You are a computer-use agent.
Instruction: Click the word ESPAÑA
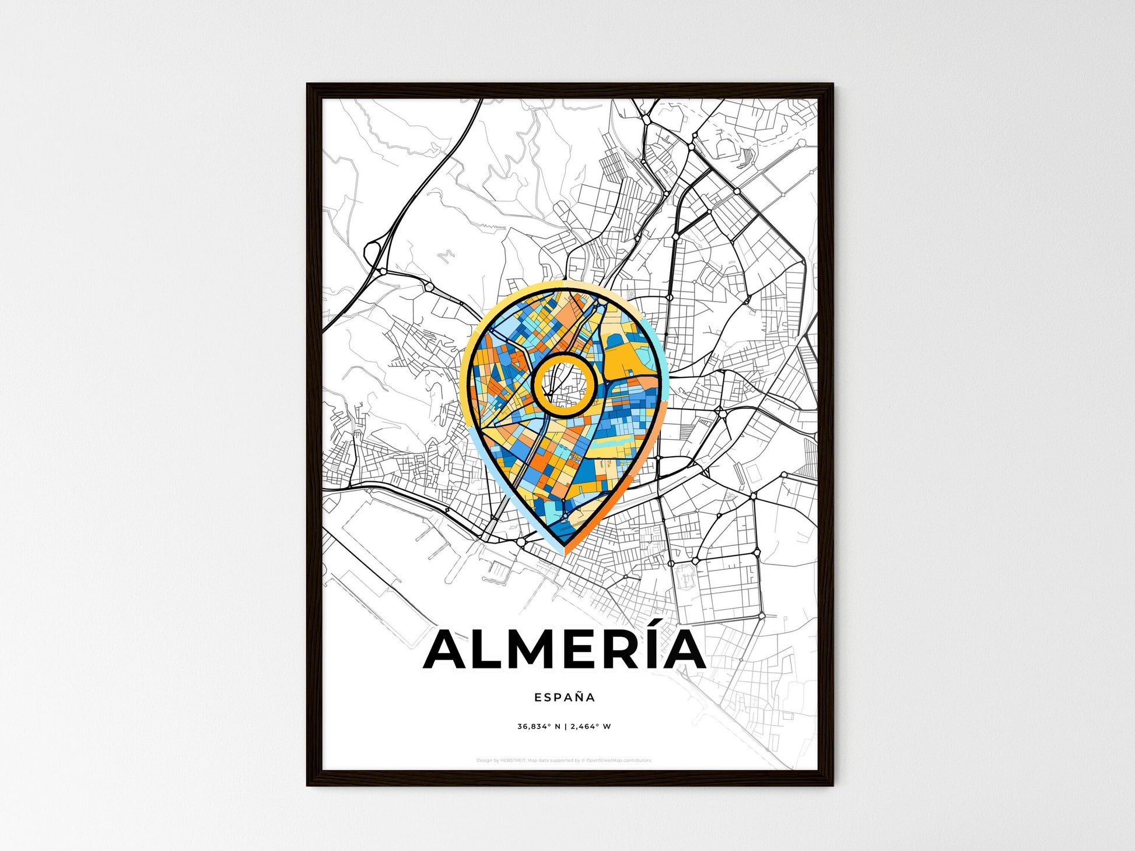coord(565,697)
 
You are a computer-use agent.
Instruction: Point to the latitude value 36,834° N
coord(538,727)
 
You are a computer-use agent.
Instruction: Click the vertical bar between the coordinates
coord(565,727)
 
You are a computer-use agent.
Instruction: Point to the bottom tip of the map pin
coord(565,552)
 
